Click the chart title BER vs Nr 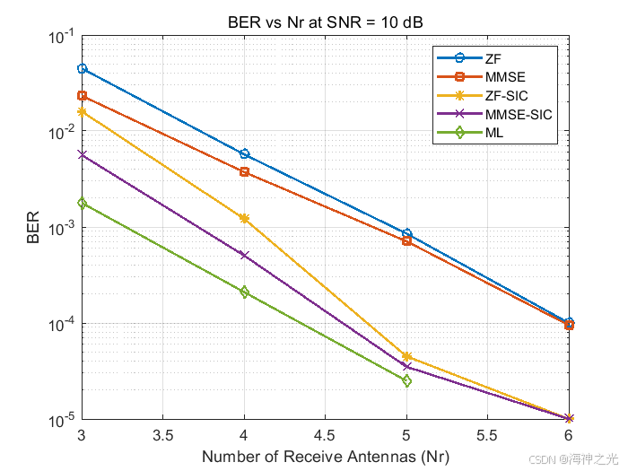click(325, 22)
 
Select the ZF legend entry click(493, 58)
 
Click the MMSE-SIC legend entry click(518, 114)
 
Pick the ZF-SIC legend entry click(507, 95)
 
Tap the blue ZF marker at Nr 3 click(82, 69)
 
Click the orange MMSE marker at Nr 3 click(82, 96)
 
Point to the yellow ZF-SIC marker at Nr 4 click(244, 218)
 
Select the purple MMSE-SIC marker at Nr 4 click(244, 255)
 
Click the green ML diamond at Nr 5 click(406, 381)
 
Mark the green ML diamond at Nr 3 click(82, 204)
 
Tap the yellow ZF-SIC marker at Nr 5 click(406, 356)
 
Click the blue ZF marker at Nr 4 click(244, 154)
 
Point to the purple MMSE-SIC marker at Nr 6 click(569, 419)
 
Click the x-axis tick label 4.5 click(325, 437)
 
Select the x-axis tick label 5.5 click(487, 437)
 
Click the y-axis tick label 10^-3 click(61, 228)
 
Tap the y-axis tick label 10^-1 click(61, 36)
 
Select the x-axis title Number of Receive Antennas click(325, 457)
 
